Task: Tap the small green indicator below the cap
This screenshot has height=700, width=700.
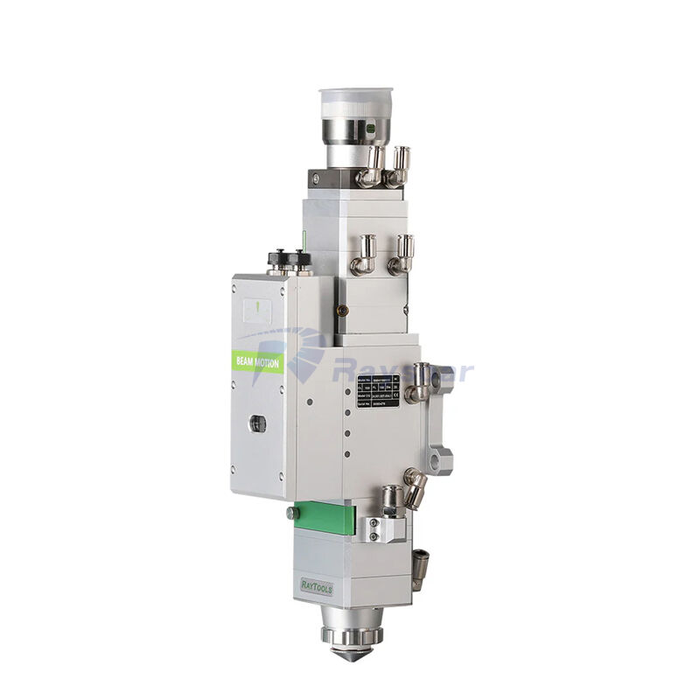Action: click(x=370, y=128)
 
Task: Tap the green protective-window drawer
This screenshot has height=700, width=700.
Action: click(x=325, y=517)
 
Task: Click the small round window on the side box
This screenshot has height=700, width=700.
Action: click(x=257, y=423)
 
